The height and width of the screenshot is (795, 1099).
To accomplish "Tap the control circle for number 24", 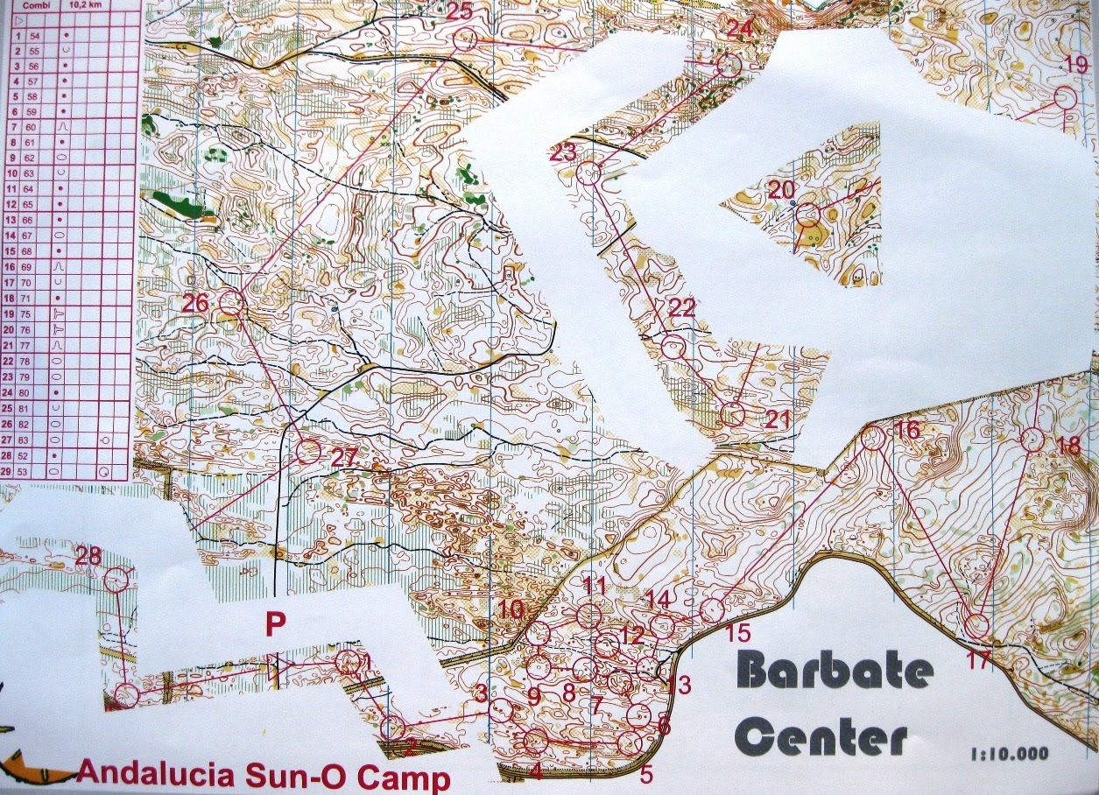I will coord(729,65).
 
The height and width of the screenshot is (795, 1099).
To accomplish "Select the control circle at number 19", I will coord(1065,98).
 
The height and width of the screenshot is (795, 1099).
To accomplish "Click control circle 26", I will coord(230,303).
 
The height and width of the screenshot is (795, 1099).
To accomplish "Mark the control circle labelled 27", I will coord(307,452).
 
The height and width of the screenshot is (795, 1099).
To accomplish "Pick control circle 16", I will coord(872,437).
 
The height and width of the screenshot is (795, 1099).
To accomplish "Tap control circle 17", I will coord(977,625).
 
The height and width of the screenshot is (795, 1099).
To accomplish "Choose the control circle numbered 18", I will coord(1033,440).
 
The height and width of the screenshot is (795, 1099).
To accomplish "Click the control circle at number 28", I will coord(117,579).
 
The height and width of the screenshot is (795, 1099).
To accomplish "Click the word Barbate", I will coord(835,673).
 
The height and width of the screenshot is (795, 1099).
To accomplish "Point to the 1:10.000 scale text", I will coord(1009,753).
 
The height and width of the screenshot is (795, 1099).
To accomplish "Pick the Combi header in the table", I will coord(35,4).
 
